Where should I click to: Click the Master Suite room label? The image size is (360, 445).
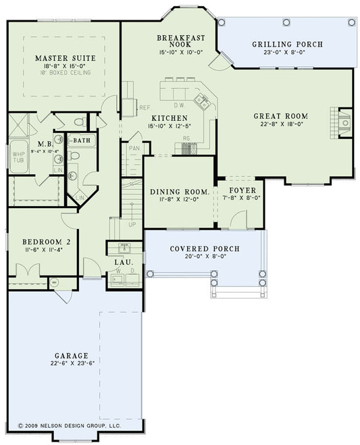click(x=65, y=58)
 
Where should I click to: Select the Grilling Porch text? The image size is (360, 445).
click(x=288, y=45)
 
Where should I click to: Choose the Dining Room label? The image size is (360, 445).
click(x=179, y=192)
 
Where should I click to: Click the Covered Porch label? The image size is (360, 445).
click(x=204, y=248)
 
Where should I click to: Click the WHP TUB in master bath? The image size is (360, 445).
click(x=18, y=159)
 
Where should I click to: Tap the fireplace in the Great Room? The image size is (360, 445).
click(x=344, y=122)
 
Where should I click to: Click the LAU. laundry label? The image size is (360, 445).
click(x=124, y=261)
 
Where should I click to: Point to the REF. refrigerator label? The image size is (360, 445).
click(x=143, y=107)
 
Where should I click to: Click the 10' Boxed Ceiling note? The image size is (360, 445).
click(x=65, y=72)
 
